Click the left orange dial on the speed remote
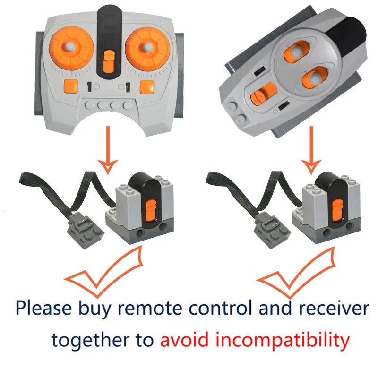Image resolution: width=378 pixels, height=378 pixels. (x=69, y=48)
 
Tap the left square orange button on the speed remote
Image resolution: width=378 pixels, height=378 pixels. (x=70, y=86)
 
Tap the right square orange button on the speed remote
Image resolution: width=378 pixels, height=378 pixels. (x=146, y=86)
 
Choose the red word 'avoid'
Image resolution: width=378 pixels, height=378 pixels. (x=182, y=339)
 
